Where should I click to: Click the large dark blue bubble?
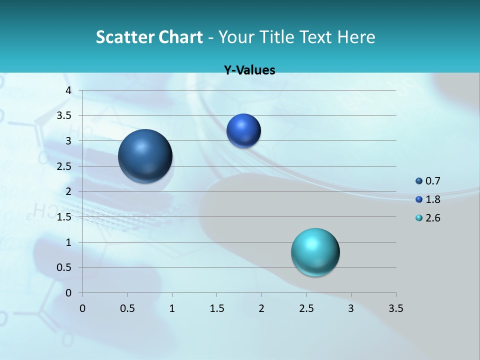point(145,156)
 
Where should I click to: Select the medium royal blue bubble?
point(243,130)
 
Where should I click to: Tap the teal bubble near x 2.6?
point(315,252)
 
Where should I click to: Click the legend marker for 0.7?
point(419,181)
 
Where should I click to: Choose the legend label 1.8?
point(432,199)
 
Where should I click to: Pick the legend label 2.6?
point(432,218)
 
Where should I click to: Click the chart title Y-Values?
point(249,70)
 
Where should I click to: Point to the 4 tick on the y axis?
point(68,90)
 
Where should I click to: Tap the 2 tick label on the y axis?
point(68,191)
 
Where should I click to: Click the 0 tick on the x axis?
point(82,308)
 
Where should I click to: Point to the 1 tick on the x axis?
point(172,308)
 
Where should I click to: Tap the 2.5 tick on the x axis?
point(306,308)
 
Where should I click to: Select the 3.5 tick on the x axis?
point(395,308)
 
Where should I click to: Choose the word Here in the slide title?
point(356,37)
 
